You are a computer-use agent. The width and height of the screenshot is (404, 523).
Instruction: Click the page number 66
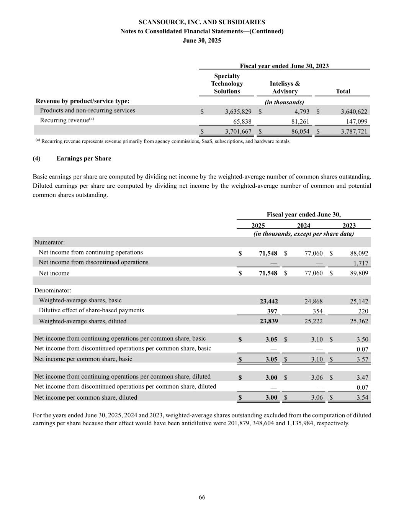pyautogui.click(x=202, y=497)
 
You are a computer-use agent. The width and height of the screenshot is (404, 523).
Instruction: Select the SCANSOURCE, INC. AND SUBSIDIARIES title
pyautogui.click(x=202, y=22)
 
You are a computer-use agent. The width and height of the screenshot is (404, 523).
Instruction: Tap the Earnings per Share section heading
pyautogui.click(x=84, y=158)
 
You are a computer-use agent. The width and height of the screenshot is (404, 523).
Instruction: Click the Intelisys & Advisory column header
pyautogui.click(x=285, y=87)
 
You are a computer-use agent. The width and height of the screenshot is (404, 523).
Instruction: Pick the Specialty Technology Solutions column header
pyautogui.click(x=227, y=84)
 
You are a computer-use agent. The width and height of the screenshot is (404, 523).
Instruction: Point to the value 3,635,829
pyautogui.click(x=238, y=111)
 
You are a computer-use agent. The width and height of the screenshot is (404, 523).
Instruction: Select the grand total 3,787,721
pyautogui.click(x=354, y=131)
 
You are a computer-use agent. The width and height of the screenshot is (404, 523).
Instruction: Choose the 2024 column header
pyautogui.click(x=304, y=225)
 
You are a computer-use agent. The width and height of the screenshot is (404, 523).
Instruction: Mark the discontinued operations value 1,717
pyautogui.click(x=360, y=263)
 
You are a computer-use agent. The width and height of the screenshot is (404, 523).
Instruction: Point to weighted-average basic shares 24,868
pyautogui.click(x=313, y=301)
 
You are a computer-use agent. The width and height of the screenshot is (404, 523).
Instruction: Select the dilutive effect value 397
pyautogui.click(x=272, y=311)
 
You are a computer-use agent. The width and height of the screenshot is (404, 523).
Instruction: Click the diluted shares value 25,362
pyautogui.click(x=359, y=321)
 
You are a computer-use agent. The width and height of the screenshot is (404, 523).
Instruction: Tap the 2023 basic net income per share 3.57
pyautogui.click(x=362, y=359)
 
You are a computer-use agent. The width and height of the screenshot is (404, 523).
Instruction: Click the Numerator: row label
pyautogui.click(x=50, y=242)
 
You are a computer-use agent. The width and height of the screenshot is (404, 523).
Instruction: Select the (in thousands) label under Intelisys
pyautogui.click(x=285, y=102)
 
